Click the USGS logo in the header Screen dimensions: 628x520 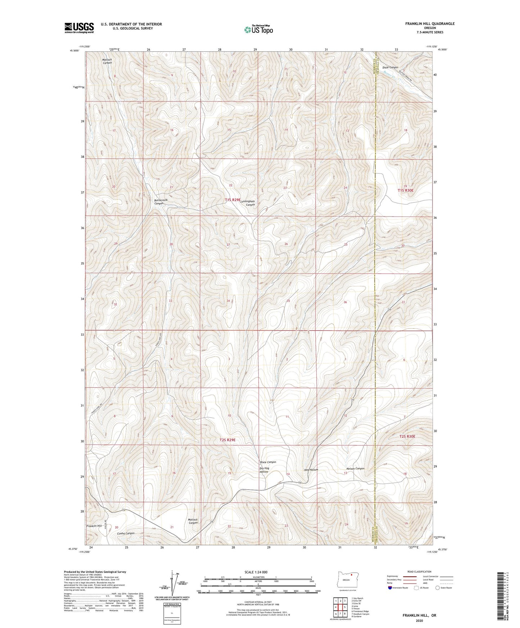pyautogui.click(x=79, y=28)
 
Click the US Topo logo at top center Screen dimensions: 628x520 pyautogui.click(x=258, y=29)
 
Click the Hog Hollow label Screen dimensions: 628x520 pyautogui.click(x=311, y=470)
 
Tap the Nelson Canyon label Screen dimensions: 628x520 pyautogui.click(x=355, y=469)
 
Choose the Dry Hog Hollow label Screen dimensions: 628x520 pyautogui.click(x=264, y=470)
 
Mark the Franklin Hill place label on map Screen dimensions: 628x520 pyautogui.click(x=94, y=526)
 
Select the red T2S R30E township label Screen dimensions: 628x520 pyautogui.click(x=407, y=436)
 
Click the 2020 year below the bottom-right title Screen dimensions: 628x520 pyautogui.click(x=419, y=620)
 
